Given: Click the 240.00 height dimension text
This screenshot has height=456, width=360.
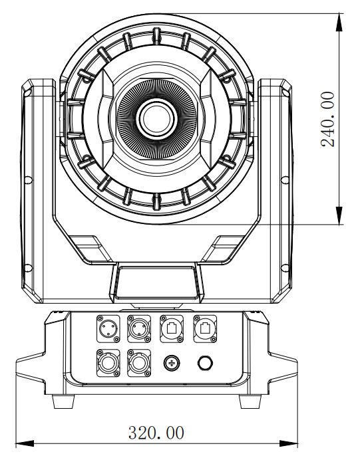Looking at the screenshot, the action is point(327,119).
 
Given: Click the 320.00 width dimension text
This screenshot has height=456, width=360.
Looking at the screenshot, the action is point(156,433).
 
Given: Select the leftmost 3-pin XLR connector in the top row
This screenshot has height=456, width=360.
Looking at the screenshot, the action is point(108,329).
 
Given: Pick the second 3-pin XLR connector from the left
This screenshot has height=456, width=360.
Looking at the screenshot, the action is point(139,329).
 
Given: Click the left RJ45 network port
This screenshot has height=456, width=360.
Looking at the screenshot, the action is point(172,329).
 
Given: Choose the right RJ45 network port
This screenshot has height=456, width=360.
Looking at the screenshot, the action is point(205,329).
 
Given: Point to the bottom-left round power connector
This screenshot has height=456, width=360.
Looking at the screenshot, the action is point(108,363).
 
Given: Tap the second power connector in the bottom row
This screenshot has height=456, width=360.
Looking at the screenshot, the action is point(139,363).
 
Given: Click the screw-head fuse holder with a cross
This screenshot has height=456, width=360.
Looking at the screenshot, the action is point(172,363).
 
